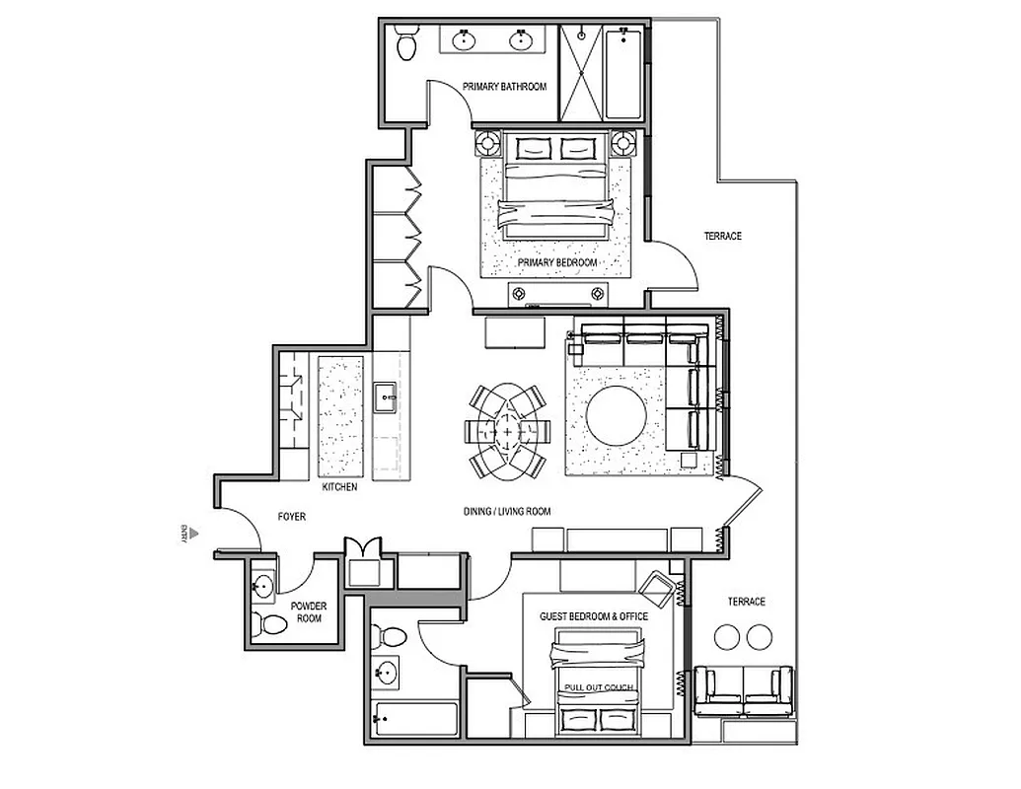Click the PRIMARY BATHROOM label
click(504, 87)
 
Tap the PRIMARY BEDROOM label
click(557, 263)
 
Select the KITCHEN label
click(339, 488)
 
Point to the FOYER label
click(291, 516)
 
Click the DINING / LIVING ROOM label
click(506, 512)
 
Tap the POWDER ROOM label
click(308, 612)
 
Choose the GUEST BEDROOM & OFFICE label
click(594, 616)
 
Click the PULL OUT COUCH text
click(599, 686)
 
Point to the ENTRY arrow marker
click(194, 534)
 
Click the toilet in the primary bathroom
click(404, 43)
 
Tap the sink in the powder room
click(261, 587)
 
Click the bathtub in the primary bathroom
click(623, 74)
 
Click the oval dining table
click(507, 431)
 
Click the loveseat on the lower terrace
click(743, 691)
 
